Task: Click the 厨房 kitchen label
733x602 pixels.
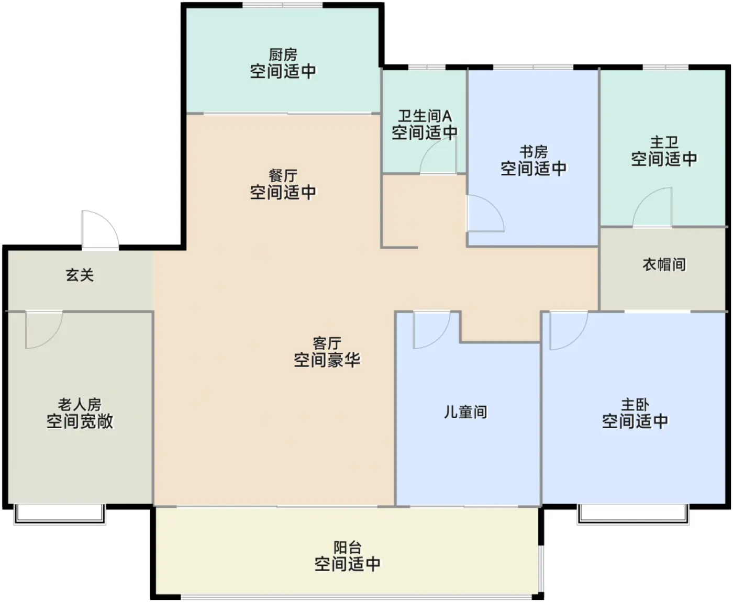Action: [x=283, y=54]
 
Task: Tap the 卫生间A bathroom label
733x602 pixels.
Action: [x=425, y=116]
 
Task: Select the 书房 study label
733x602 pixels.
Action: [x=534, y=152]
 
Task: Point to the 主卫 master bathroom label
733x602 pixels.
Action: [x=664, y=142]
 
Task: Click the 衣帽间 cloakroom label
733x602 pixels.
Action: [x=664, y=264]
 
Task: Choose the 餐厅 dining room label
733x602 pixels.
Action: [x=283, y=175]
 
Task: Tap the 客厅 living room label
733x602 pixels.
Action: [x=327, y=343]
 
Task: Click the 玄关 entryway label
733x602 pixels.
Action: [x=80, y=275]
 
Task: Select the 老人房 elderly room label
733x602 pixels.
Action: [x=80, y=404]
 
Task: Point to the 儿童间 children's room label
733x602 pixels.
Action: [x=465, y=412]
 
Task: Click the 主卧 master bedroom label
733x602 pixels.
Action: [x=635, y=404]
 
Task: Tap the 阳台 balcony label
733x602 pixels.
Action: [x=347, y=548]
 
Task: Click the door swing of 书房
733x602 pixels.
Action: [x=484, y=214]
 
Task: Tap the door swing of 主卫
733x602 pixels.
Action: [x=653, y=208]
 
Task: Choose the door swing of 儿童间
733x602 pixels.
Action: [x=430, y=329]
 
